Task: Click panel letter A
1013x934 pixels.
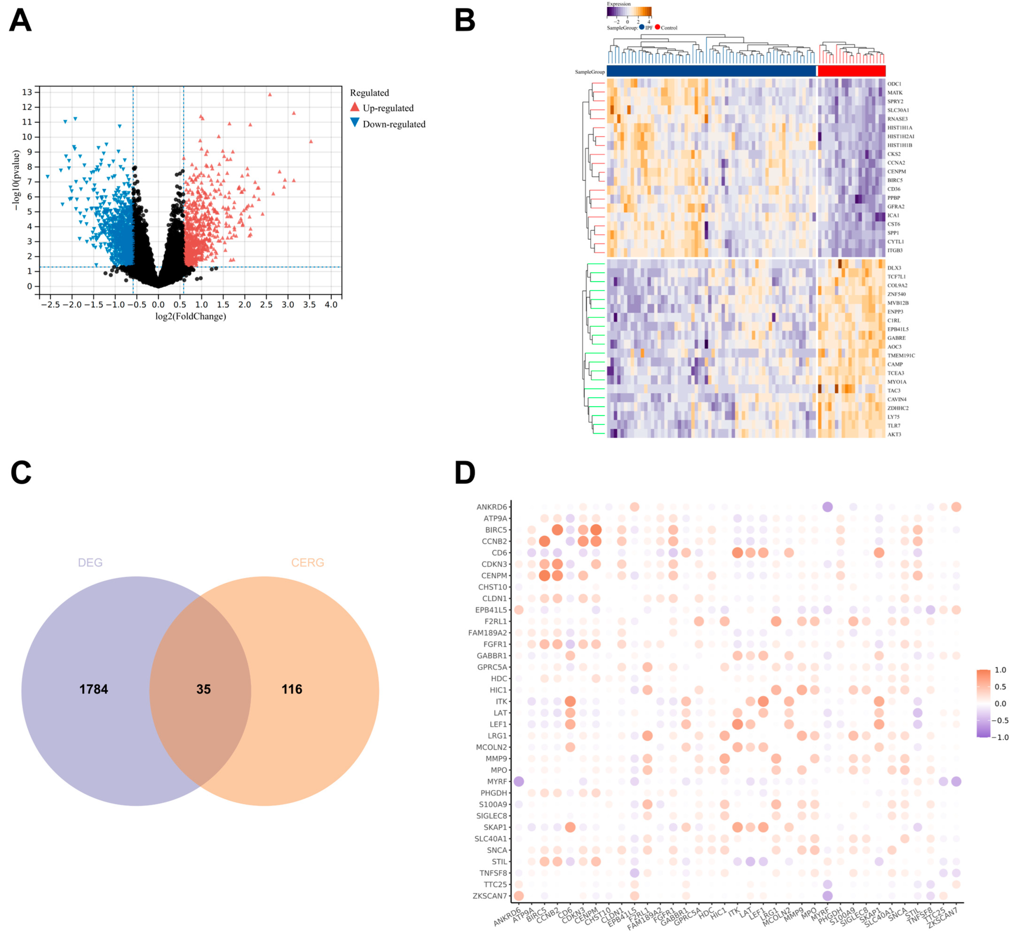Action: (20, 21)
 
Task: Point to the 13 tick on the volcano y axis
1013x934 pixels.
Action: (27, 92)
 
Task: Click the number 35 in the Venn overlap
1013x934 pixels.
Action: (203, 689)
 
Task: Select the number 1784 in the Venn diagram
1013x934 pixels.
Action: (93, 689)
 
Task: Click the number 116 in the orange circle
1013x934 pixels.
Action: (292, 689)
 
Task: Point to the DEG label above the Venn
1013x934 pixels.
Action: (90, 562)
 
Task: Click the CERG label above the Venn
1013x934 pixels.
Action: (307, 562)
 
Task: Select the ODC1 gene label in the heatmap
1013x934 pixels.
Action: (894, 84)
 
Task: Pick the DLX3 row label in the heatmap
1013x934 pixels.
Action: (894, 268)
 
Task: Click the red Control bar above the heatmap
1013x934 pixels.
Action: (851, 71)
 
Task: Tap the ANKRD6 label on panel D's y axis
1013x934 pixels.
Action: (491, 507)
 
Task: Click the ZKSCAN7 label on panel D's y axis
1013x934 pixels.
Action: (489, 895)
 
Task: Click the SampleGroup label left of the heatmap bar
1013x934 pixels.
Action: (589, 72)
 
